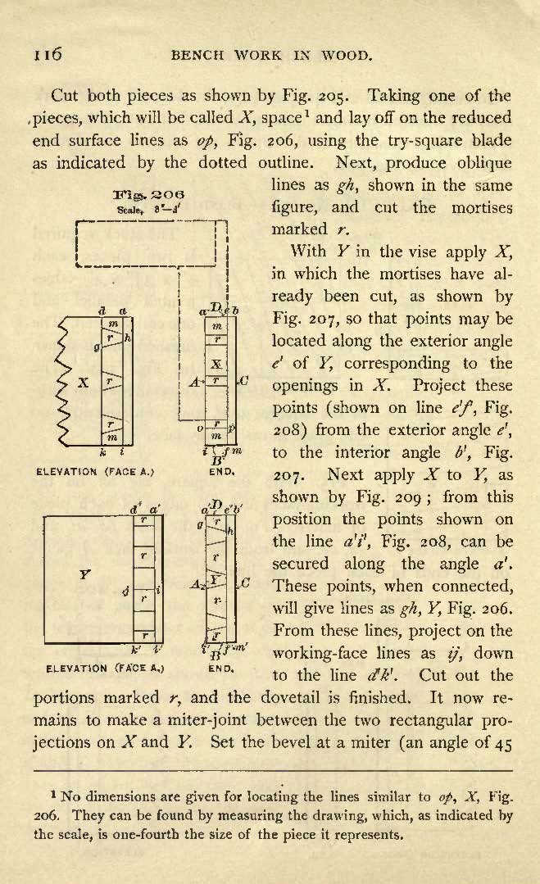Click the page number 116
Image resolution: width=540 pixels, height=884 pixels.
point(48,54)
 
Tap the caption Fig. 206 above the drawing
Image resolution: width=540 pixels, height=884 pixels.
point(149,194)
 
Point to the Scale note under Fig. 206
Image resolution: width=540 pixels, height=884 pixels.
point(149,209)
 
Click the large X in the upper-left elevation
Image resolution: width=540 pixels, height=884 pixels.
point(83,383)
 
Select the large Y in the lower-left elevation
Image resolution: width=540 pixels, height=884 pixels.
point(84,574)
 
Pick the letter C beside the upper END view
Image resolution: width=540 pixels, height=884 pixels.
point(244,380)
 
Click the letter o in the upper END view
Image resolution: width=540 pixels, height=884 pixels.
point(200,429)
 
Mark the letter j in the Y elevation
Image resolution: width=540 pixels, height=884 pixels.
point(125,591)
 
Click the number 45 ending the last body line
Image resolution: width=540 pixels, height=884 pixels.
point(502,743)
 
